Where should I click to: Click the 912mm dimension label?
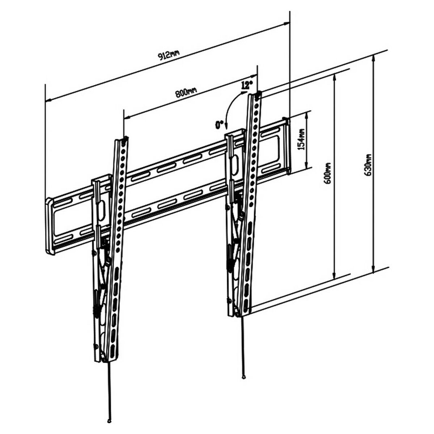[x=169, y=55]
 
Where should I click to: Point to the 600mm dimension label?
[x=328, y=173]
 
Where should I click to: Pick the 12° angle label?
[x=246, y=85]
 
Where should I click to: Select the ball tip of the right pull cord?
[x=243, y=377]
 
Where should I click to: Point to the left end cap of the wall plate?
[x=50, y=226]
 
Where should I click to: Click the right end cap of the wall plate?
[x=286, y=146]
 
